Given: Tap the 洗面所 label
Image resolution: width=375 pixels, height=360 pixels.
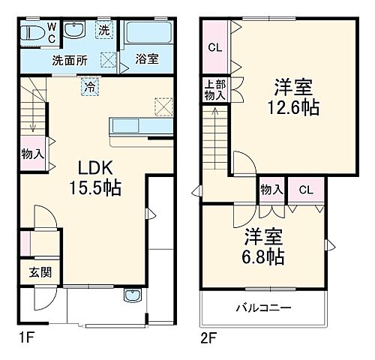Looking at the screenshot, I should [x=70, y=58].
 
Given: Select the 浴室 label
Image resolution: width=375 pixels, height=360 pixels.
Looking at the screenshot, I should [x=145, y=58].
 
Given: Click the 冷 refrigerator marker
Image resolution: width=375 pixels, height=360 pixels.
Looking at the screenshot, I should [x=88, y=85].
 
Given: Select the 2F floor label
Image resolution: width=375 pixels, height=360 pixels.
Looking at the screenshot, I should [x=209, y=338].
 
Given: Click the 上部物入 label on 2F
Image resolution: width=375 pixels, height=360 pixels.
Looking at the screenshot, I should [x=214, y=89].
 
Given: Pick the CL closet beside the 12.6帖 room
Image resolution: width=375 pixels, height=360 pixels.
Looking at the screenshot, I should [x=214, y=48].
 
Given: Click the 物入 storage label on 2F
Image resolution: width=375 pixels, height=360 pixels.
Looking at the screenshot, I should [x=271, y=190].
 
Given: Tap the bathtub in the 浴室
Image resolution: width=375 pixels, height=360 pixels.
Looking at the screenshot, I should [x=150, y=34].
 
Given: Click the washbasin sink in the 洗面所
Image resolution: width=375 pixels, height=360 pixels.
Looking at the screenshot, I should [x=74, y=31].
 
